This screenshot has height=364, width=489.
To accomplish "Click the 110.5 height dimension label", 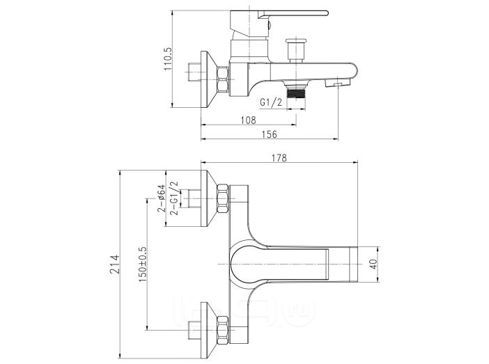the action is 167,59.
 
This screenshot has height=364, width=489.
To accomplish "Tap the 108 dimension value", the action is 249,120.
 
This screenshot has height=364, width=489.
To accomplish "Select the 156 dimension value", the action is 269,134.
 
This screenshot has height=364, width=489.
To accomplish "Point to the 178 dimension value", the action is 279,158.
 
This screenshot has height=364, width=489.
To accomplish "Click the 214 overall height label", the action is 114,264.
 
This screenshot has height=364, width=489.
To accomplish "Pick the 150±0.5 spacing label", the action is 143,264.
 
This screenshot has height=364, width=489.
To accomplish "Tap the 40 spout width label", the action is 373,264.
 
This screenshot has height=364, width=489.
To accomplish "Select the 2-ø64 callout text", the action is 161,198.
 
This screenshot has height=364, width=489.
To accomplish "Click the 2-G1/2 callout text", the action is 173,198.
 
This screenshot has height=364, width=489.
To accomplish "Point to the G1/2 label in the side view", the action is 271,102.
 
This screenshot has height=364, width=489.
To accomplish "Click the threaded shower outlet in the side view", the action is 296,93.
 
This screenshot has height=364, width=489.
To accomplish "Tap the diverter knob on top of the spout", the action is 297,50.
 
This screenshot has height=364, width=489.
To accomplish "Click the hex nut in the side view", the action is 223,79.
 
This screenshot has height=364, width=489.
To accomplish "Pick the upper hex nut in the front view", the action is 223,198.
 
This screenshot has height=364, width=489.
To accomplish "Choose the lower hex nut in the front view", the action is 223,330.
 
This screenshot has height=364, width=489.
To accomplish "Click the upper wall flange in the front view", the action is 209,198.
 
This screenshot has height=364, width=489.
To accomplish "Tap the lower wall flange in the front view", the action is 209,330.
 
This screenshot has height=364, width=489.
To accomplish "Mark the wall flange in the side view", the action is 209,79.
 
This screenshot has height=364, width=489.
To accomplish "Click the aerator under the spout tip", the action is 337,83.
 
